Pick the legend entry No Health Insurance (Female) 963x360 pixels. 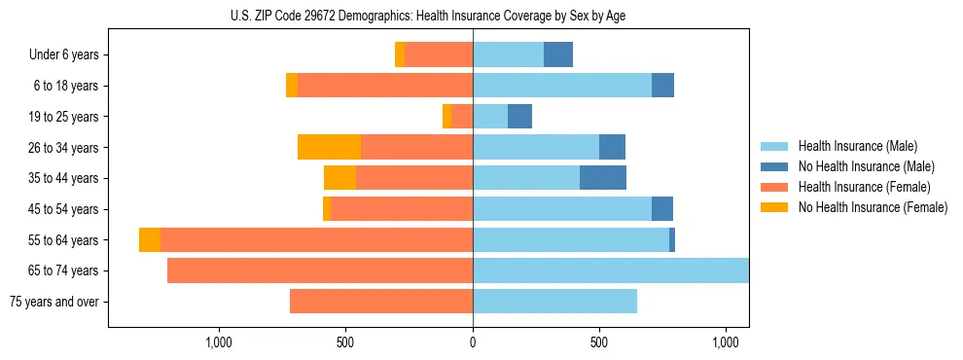coord(873,207)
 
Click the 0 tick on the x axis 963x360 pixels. coord(473,342)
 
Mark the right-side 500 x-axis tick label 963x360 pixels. coord(599,342)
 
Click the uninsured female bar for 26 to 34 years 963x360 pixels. coord(330,147)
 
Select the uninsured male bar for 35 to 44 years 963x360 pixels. coord(603,178)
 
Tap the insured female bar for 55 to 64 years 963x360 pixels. coord(316,240)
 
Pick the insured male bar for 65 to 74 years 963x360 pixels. coord(611,270)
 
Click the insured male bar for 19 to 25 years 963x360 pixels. coord(490,117)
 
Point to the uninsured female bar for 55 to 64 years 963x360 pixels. coord(150,240)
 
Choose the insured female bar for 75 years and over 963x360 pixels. coord(381,302)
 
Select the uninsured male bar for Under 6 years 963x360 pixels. coord(558,55)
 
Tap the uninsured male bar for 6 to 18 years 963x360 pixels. coord(662,86)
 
